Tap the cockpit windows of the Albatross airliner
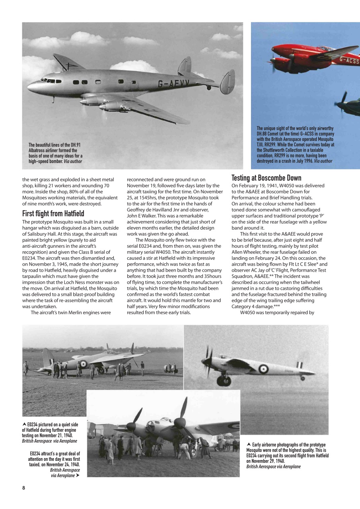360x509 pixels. click(x=49, y=81)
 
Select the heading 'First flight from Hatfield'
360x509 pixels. click(x=53, y=214)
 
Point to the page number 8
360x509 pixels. click(x=24, y=489)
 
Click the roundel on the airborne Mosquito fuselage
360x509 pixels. click(x=263, y=369)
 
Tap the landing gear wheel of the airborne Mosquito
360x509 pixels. click(x=224, y=381)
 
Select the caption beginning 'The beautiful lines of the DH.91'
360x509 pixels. click(x=55, y=153)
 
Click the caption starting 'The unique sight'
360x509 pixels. click(x=295, y=145)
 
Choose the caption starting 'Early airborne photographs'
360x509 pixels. click(x=287, y=455)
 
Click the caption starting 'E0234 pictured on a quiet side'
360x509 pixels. click(x=50, y=433)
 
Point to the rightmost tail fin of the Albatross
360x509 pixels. click(x=228, y=82)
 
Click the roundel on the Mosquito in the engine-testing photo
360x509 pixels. click(x=84, y=363)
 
